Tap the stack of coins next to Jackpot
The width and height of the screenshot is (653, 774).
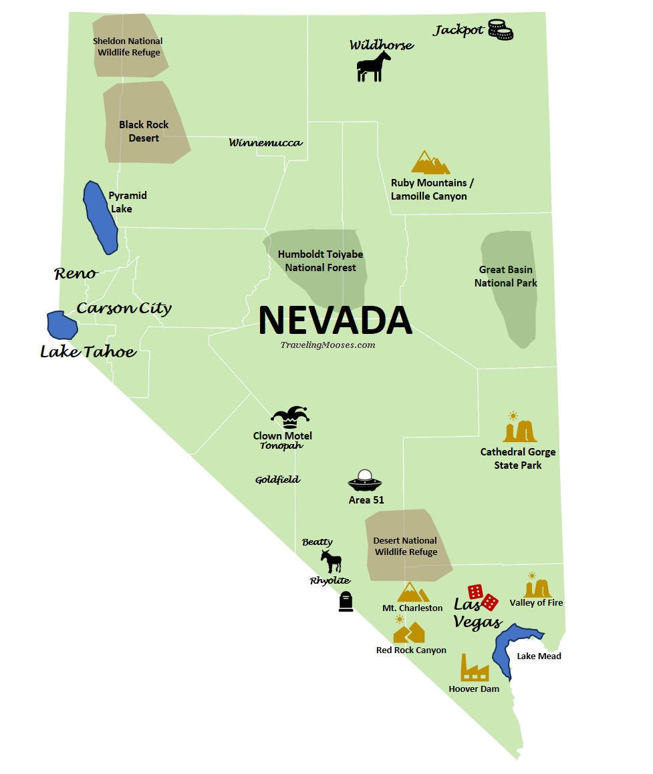point(500,30)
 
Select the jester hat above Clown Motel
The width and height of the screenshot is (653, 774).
point(290,417)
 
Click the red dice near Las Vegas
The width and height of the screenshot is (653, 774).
point(483,596)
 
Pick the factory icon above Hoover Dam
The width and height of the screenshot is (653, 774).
point(474,667)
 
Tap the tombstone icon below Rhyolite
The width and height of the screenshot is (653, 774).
point(346,602)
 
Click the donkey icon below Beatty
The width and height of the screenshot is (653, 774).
point(331,561)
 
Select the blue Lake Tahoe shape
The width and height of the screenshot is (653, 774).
point(61,325)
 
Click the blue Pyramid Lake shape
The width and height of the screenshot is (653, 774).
point(100,217)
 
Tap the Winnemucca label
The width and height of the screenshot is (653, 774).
point(265,142)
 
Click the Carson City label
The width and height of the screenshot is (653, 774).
point(124,308)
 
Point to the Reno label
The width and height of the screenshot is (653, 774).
point(75,273)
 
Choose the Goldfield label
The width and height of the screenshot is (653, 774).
point(277,479)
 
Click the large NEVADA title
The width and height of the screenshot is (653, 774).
point(335,320)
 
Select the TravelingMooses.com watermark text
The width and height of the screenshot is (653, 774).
point(328,345)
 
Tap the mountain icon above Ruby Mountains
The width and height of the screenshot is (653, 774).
point(430,162)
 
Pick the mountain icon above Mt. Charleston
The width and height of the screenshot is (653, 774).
point(412,592)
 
